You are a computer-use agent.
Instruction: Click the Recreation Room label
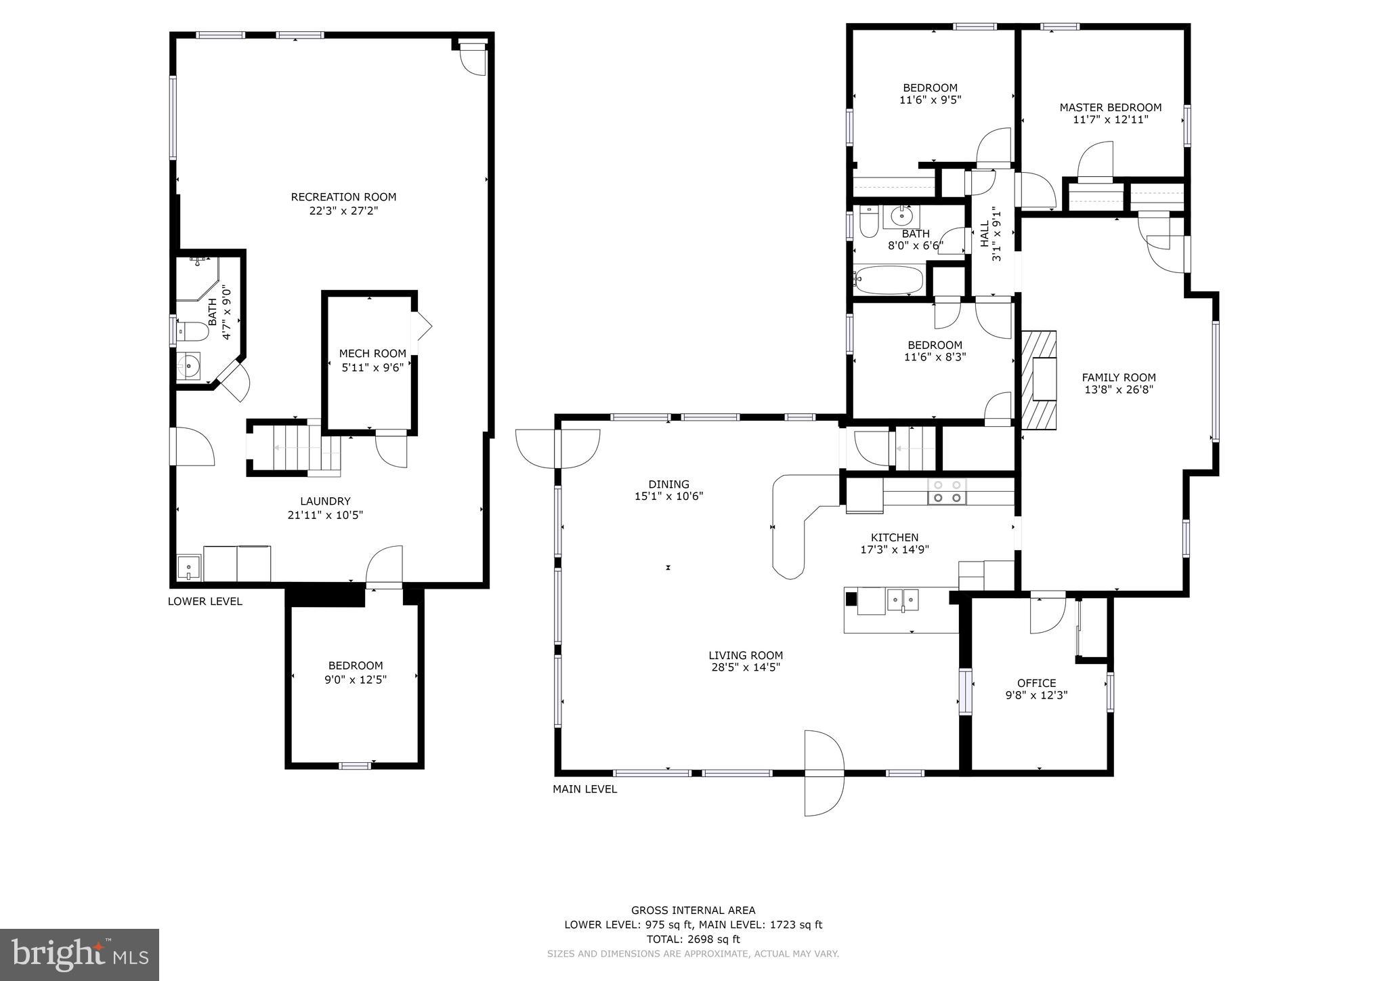pyautogui.click(x=343, y=197)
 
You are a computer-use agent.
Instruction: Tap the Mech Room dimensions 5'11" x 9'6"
pyautogui.click(x=372, y=368)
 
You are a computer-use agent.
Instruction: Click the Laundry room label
pyautogui.click(x=325, y=501)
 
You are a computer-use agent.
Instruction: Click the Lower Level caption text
pyautogui.click(x=205, y=602)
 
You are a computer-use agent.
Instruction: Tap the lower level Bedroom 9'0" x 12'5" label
pyautogui.click(x=356, y=672)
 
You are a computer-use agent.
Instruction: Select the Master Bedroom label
pyautogui.click(x=1110, y=108)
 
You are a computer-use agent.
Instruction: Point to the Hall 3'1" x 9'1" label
pyautogui.click(x=989, y=234)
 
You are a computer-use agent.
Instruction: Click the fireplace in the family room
pyautogui.click(x=1039, y=380)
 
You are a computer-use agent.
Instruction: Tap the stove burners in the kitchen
pyautogui.click(x=947, y=491)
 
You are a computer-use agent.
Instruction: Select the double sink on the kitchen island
pyautogui.click(x=903, y=600)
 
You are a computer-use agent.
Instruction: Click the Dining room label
pyautogui.click(x=668, y=484)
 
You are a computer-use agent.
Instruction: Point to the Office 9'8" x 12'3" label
pyautogui.click(x=1036, y=688)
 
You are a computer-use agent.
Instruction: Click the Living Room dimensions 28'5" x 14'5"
pyautogui.click(x=746, y=667)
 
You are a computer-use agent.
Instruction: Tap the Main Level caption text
pyautogui.click(x=584, y=789)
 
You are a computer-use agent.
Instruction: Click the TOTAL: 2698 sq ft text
pyautogui.click(x=693, y=939)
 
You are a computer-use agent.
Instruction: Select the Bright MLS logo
pyautogui.click(x=79, y=955)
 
